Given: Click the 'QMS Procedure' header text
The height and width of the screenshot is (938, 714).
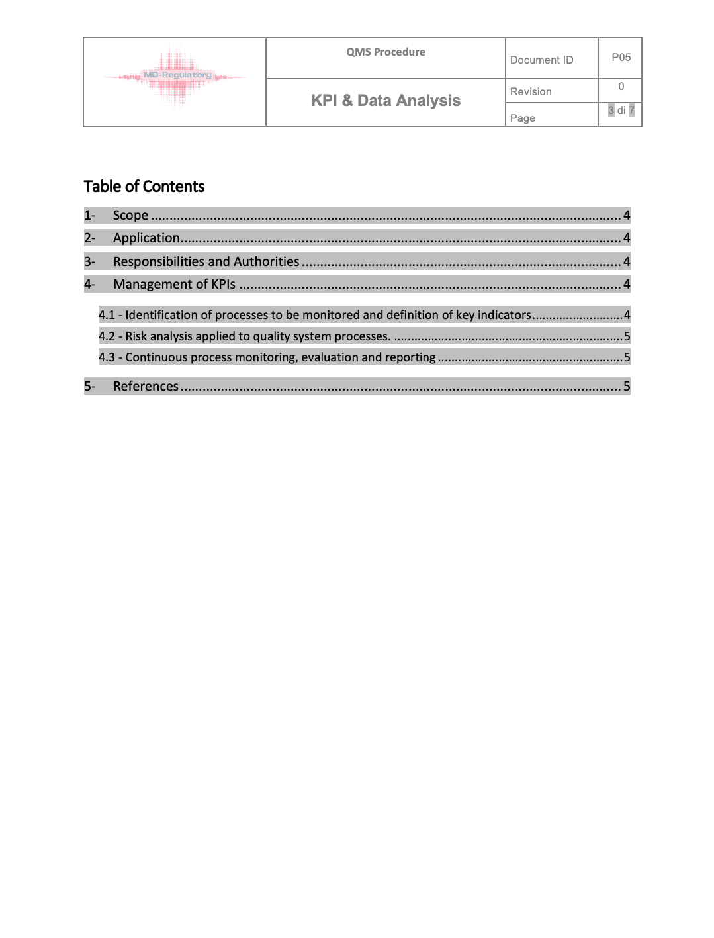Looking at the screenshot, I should (x=386, y=52).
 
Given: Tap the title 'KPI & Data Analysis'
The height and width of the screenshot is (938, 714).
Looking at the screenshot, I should (x=386, y=101).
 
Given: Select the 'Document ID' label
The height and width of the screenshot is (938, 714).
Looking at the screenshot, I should (x=541, y=60).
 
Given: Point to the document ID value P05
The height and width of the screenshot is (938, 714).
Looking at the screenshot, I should (x=621, y=58).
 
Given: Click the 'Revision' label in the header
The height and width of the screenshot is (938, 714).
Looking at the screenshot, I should (x=531, y=92).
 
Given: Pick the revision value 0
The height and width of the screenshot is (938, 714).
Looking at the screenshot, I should (x=621, y=87).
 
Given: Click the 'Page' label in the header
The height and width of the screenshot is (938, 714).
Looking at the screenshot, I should (x=523, y=118).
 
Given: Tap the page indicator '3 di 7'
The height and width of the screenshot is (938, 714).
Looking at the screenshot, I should (x=621, y=111).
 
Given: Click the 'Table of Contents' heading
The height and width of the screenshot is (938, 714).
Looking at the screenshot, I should (x=144, y=187).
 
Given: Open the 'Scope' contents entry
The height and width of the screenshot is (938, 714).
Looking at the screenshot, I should (x=130, y=216).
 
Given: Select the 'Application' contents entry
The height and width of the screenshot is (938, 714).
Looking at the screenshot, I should (x=146, y=238).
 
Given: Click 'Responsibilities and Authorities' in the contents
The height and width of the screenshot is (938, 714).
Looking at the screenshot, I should (x=206, y=262).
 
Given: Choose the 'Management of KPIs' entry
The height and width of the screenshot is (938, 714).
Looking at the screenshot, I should (x=174, y=285).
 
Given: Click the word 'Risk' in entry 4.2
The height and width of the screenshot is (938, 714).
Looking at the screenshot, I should (x=136, y=336).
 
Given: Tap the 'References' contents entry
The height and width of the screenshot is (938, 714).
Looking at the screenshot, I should (x=146, y=387).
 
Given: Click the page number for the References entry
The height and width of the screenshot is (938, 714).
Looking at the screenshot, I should (x=627, y=387).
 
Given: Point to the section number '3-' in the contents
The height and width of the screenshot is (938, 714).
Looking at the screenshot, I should (x=90, y=262).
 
